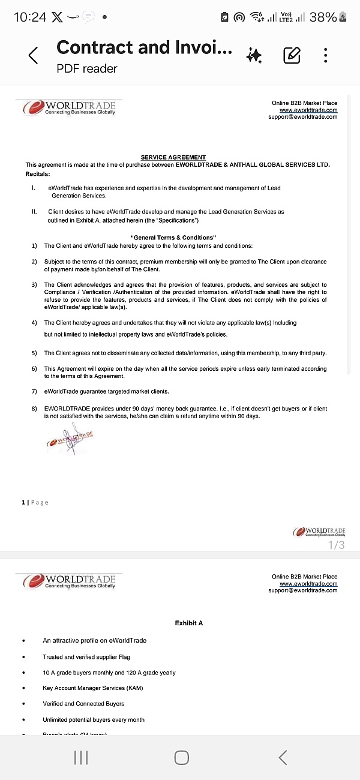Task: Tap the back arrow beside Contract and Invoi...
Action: click(34, 56)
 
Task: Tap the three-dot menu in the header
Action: click(325, 56)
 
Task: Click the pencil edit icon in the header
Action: click(292, 56)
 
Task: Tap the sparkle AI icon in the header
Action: click(254, 56)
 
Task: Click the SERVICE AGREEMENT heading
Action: click(173, 157)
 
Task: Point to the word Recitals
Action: click(37, 173)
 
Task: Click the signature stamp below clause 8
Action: click(70, 438)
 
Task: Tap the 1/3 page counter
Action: click(336, 545)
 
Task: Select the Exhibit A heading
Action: click(189, 623)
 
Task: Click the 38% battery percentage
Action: click(323, 17)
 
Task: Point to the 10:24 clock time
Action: click(30, 17)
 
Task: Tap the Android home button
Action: click(181, 758)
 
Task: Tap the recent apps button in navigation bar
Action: click(81, 758)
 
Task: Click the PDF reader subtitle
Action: click(87, 68)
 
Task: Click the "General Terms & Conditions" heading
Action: click(173, 238)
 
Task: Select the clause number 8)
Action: click(35, 409)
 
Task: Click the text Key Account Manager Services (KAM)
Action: click(93, 688)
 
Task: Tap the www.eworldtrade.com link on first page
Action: click(308, 110)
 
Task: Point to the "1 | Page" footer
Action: click(35, 502)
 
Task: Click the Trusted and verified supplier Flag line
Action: click(86, 657)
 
